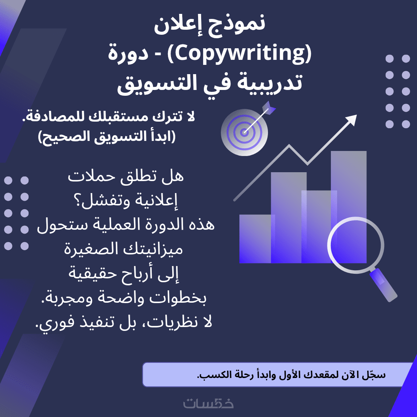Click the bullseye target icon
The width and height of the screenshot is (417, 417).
(x=244, y=132)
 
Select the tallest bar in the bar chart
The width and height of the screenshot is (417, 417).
(x=349, y=207)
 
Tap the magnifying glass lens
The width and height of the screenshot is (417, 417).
(x=356, y=245)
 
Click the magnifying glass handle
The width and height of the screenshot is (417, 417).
(x=383, y=285)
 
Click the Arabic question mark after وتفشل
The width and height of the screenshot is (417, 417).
(x=78, y=201)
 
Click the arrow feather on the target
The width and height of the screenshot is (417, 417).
(x=269, y=108)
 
